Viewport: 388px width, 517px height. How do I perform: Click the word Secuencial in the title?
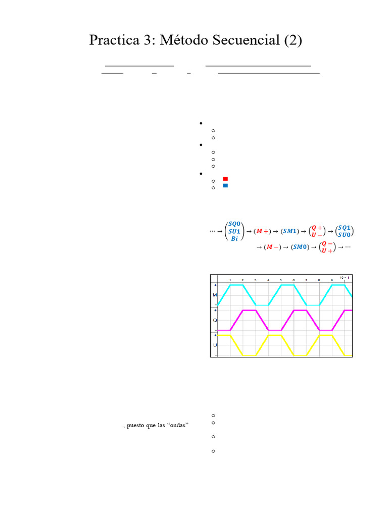pyautogui.click(x=246, y=41)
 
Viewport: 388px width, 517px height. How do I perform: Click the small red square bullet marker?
pyautogui.click(x=225, y=179)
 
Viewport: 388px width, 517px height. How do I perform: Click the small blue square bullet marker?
pyautogui.click(x=225, y=186)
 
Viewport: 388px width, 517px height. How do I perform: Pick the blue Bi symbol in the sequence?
pyautogui.click(x=234, y=239)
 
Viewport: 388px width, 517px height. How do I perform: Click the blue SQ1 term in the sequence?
pyautogui.click(x=344, y=228)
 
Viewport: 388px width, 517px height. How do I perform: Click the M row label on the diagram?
pyautogui.click(x=215, y=295)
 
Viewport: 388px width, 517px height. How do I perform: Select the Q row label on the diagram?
pyautogui.click(x=215, y=320)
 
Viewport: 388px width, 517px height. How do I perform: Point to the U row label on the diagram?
pyautogui.click(x=215, y=345)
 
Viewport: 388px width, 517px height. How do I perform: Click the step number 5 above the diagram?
pyautogui.click(x=281, y=280)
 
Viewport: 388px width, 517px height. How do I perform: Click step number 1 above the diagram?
pyautogui.click(x=230, y=280)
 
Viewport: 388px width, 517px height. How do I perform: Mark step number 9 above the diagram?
pyautogui.click(x=332, y=280)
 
